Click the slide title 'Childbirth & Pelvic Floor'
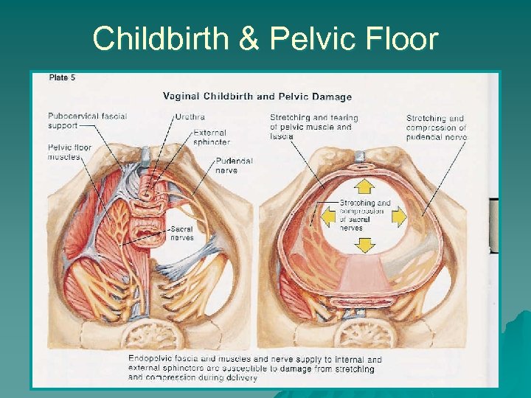265,38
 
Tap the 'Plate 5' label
62,77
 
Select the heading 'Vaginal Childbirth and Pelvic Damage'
257,97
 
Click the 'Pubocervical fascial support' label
87,120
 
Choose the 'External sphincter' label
211,137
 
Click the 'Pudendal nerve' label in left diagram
234,165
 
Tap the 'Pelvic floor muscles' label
69,152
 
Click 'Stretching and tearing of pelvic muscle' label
313,127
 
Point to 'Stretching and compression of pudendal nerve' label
436,128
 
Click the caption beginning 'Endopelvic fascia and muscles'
254,369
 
